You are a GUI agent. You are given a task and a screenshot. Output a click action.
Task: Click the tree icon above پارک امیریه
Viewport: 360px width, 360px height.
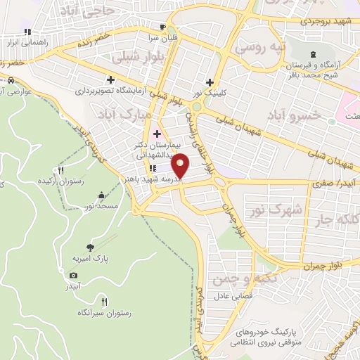(x=90, y=246)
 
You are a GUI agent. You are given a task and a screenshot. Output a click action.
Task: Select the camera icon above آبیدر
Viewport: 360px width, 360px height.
(x=74, y=275)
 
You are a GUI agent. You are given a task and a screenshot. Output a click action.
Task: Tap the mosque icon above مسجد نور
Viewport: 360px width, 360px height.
(x=101, y=195)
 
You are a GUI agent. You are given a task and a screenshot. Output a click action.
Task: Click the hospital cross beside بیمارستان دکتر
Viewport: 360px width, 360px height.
(x=157, y=134)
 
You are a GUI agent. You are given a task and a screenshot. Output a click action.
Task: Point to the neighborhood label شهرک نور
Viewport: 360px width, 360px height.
(x=276, y=210)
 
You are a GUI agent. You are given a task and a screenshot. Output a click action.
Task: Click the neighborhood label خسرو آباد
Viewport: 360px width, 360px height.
(x=290, y=113)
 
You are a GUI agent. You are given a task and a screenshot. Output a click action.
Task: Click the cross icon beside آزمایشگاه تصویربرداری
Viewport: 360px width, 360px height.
(x=110, y=79)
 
